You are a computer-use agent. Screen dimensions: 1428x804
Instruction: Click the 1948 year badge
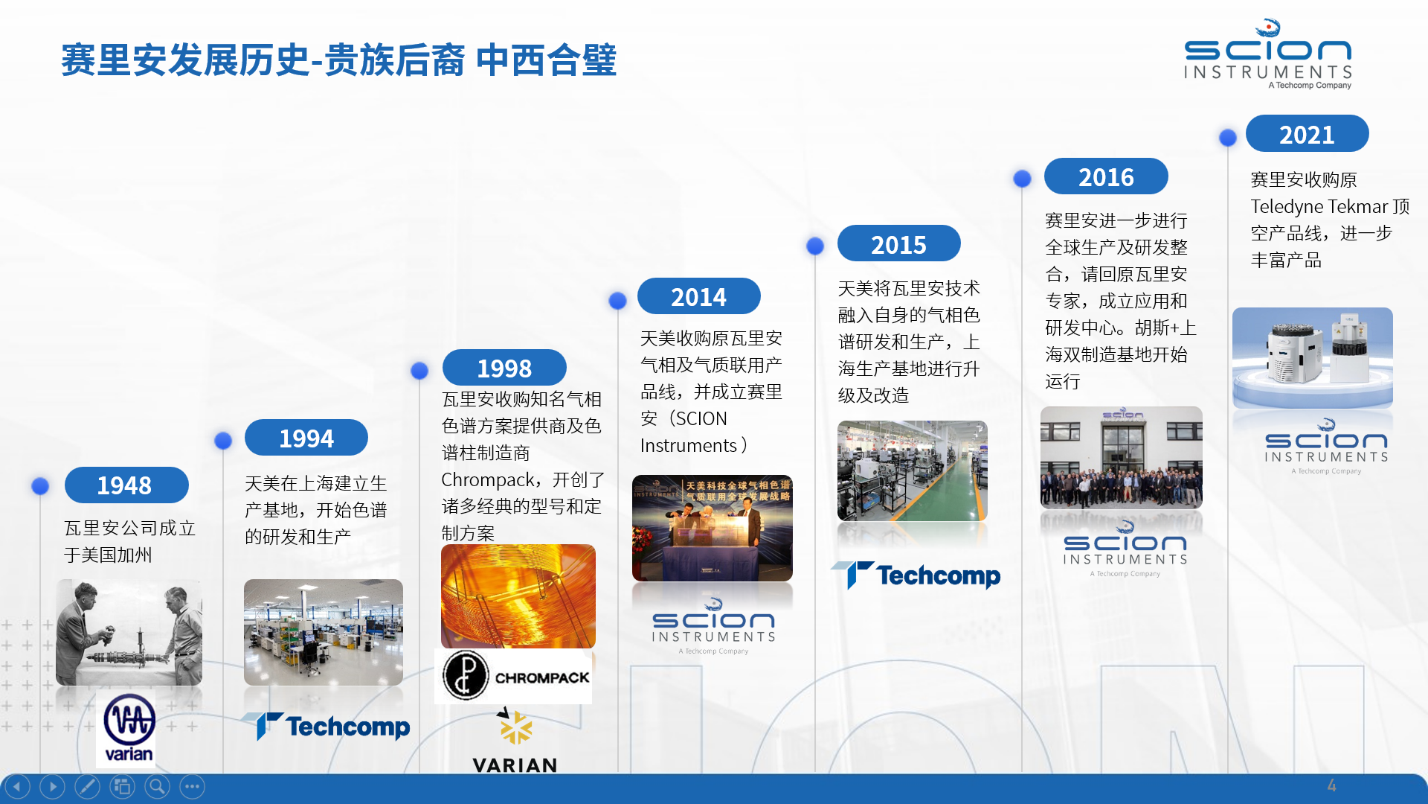coord(126,485)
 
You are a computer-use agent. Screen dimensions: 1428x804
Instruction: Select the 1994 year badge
coord(306,438)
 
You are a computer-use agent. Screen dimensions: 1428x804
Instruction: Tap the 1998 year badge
coord(504,368)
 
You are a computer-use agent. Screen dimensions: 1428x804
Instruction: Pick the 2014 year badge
coord(699,296)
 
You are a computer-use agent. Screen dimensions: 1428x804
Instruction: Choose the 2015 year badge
coord(899,243)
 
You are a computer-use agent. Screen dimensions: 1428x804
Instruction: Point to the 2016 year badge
coord(1106,176)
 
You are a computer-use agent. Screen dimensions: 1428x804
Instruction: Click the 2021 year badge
coord(1308,134)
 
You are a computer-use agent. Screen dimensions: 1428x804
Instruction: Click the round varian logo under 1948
coord(129,728)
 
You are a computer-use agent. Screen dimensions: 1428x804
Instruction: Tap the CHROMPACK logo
coord(514,677)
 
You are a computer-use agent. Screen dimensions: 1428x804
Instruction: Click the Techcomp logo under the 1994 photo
coord(325,726)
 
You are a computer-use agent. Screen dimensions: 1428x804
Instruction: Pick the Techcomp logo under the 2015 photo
coord(916,575)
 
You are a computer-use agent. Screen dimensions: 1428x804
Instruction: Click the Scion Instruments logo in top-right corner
coord(1268,54)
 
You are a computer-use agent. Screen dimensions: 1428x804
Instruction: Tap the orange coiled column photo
coord(518,596)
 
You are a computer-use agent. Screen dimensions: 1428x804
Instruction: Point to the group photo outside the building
coord(1122,458)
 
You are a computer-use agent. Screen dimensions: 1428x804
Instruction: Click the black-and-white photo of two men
coord(129,633)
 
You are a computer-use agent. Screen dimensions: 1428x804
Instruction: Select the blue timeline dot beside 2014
coord(617,300)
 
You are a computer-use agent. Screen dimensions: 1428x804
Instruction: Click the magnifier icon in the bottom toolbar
coord(157,786)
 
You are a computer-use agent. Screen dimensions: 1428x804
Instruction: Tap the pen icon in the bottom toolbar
coord(87,786)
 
